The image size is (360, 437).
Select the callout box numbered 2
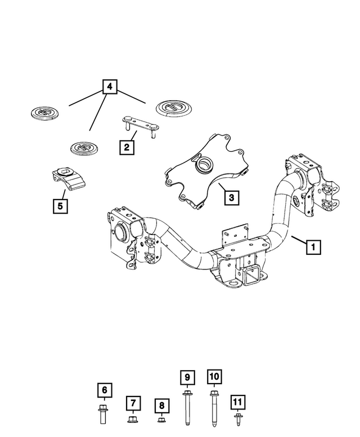[x=127, y=147]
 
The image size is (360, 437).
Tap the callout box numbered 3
[x=231, y=197]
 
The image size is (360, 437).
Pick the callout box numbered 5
[x=60, y=206]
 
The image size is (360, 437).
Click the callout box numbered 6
[x=103, y=389]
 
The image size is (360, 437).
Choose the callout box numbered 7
[x=132, y=403]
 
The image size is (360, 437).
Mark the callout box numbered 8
[x=161, y=405]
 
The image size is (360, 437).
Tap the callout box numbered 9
[x=186, y=377]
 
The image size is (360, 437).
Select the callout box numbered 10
[x=214, y=377]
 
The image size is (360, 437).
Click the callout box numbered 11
[x=238, y=402]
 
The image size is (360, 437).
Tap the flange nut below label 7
[x=133, y=420]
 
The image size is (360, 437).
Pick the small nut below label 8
[x=161, y=420]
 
